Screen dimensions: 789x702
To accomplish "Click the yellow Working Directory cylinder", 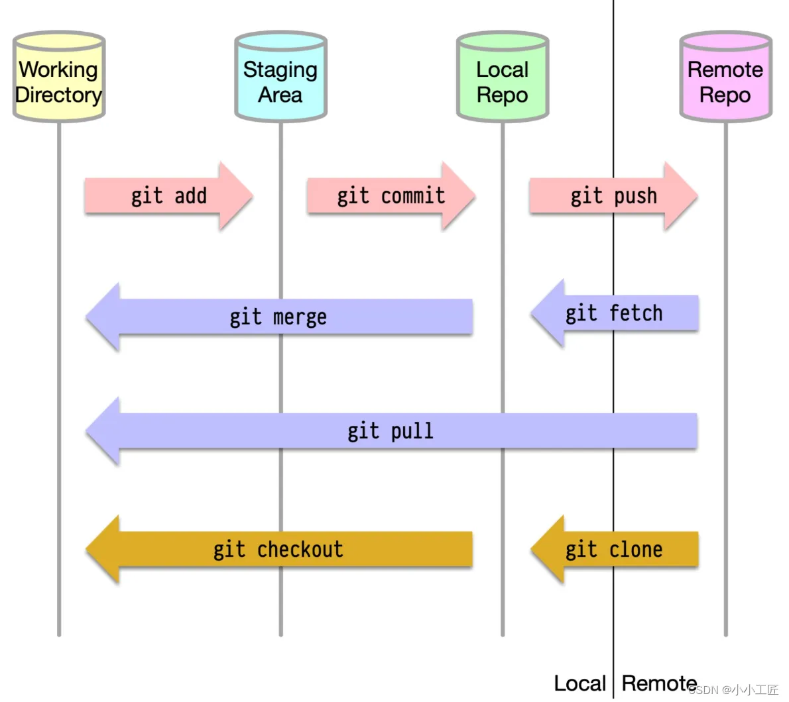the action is (x=59, y=76).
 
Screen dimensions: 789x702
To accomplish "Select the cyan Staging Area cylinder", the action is (x=280, y=76).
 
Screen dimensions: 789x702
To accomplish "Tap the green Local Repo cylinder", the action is (x=503, y=76).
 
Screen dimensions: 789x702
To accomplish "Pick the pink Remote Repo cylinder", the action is (x=725, y=76).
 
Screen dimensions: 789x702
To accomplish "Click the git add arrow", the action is (x=168, y=195).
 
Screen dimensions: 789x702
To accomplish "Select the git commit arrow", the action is (x=391, y=195).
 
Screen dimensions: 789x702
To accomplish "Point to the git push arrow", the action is (x=613, y=195).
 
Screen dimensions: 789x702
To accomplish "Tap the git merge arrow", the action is (x=278, y=317).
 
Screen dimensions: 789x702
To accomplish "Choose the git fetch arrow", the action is (x=615, y=313).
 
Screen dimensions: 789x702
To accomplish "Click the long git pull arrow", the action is (x=391, y=430).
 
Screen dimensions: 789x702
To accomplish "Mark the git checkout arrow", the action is (x=278, y=549).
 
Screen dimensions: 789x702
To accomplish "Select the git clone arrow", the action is (x=615, y=549).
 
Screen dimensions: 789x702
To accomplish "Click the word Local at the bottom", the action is (x=579, y=683).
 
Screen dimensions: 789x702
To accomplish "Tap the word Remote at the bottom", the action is (x=659, y=683).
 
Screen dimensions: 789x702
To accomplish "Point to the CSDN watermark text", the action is (x=733, y=690).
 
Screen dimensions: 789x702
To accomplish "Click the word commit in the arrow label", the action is (x=412, y=195).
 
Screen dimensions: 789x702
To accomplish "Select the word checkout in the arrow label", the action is (x=300, y=549).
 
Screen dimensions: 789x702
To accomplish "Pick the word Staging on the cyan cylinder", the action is (x=280, y=70).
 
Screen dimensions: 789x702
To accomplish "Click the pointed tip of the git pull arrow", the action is (x=87, y=430).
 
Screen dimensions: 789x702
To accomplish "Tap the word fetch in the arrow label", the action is (x=636, y=313).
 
